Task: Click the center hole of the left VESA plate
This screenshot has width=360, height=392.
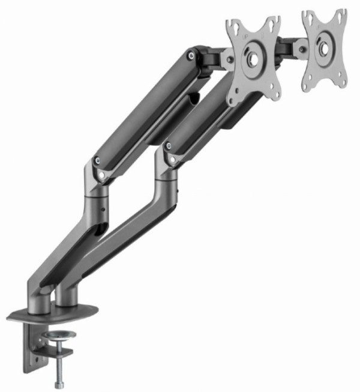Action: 253,61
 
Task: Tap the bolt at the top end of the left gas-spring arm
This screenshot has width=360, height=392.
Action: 191,55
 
